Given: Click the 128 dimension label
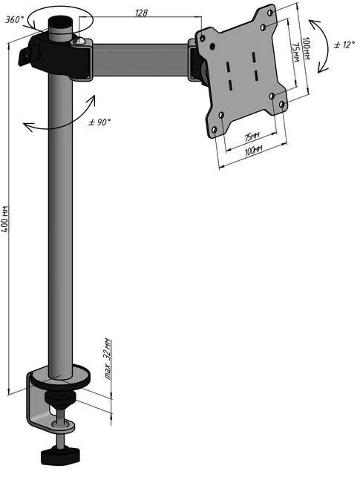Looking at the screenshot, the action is [141, 13].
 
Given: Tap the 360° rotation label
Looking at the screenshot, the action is [14, 20].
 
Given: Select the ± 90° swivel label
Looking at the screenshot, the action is [99, 122].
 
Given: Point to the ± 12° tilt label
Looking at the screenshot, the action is [344, 45].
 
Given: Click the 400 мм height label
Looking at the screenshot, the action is [5, 218].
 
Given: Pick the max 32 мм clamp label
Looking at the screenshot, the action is [108, 359].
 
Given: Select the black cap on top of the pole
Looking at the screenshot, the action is [61, 22].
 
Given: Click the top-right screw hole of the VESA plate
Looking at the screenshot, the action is [269, 13].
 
